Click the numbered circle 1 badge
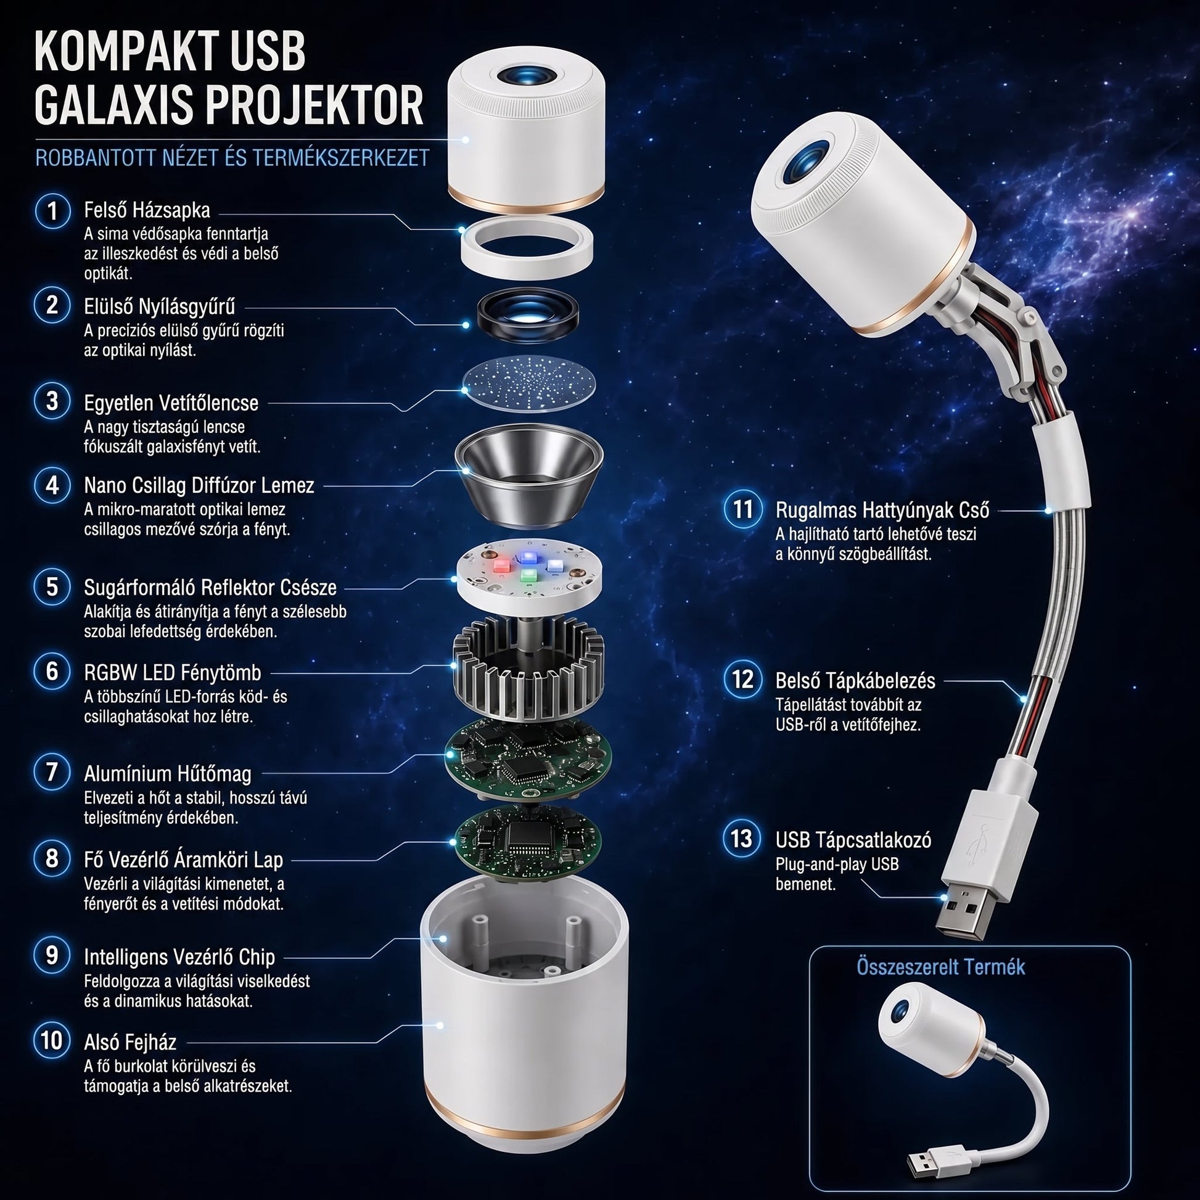[53, 210]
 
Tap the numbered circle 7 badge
[53, 773]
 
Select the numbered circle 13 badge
[742, 839]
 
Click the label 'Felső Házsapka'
[147, 210]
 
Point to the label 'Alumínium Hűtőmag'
[168, 773]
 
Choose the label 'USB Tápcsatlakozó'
[853, 840]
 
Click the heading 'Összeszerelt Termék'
[940, 967]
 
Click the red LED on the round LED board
[501, 566]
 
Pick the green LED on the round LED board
[529, 575]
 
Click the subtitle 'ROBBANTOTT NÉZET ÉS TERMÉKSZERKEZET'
[232, 158]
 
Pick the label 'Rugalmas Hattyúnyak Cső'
[882, 510]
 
